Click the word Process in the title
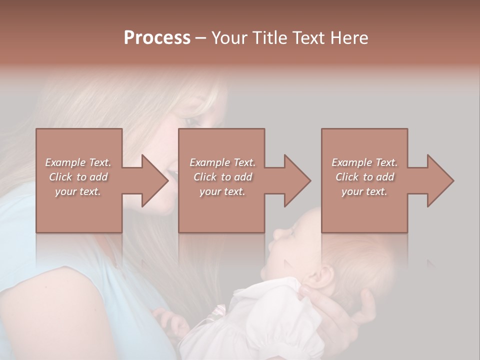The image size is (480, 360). (x=157, y=38)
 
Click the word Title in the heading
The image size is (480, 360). (x=269, y=38)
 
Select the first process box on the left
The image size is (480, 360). (x=78, y=150)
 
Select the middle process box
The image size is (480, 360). (x=221, y=150)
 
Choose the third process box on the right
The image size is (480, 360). (x=364, y=150)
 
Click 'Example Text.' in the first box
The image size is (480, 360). (x=78, y=162)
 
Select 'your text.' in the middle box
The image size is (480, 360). (x=222, y=191)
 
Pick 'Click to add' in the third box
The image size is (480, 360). (x=364, y=177)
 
